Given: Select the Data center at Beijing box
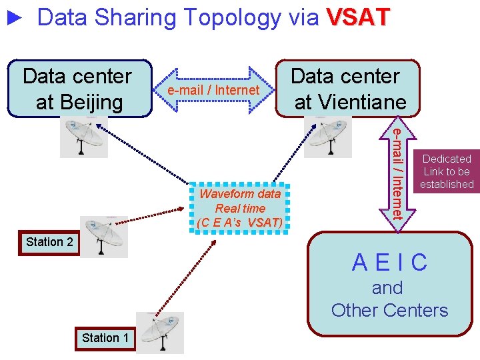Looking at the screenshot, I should tap(78, 88).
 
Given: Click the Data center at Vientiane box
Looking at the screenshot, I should tap(349, 88).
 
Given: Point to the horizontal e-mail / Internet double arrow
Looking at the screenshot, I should tap(213, 89).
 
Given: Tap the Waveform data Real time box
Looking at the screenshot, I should tap(240, 207).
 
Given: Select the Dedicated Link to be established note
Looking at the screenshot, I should tap(447, 171).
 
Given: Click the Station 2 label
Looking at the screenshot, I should tap(49, 242).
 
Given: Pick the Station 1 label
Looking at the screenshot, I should tap(105, 338).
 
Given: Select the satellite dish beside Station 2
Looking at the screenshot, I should tap(103, 235).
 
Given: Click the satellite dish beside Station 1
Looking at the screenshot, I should tap(159, 332).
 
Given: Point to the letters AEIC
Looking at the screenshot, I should tap(390, 263).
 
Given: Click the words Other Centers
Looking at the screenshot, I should tap(390, 310).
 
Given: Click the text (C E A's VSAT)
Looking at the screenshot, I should tap(240, 222).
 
